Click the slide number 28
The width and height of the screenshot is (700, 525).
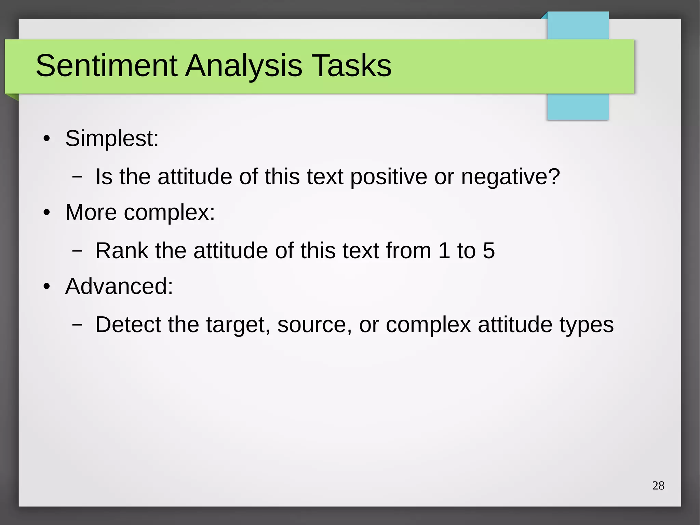(658, 486)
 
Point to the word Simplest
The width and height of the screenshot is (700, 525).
(111, 139)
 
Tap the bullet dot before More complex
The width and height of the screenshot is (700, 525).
(47, 213)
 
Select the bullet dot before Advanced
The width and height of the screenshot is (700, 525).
(47, 287)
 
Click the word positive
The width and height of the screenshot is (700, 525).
(388, 177)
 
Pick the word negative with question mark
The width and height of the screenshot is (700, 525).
(510, 177)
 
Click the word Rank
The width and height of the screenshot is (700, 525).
(122, 251)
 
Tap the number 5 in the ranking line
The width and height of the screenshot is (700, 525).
(488, 251)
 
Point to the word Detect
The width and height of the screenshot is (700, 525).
(128, 325)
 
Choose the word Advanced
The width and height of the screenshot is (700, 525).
(119, 286)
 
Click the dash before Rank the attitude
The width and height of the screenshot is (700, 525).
(77, 251)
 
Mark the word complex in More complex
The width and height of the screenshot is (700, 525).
(169, 213)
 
